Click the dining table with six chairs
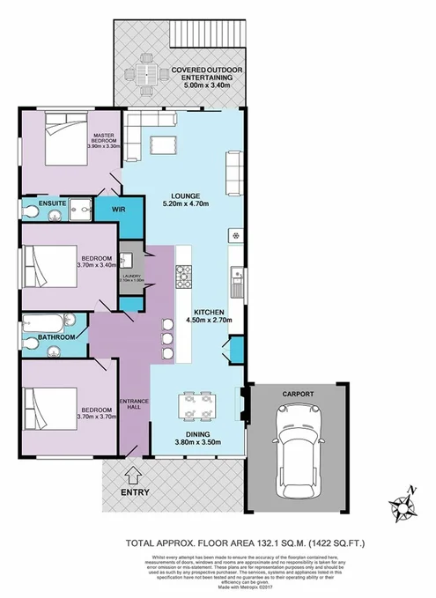[196, 405]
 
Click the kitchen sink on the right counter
[236, 282]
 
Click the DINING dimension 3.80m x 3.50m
[196, 442]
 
